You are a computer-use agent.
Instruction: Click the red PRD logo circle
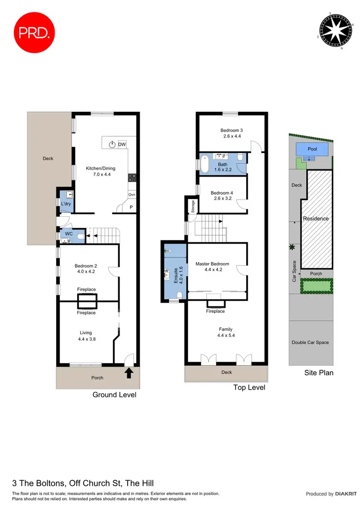pos(35,33)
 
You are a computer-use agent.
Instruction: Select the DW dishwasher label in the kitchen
pos(122,144)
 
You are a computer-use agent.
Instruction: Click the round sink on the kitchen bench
pos(112,144)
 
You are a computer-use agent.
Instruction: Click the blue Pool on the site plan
pos(312,150)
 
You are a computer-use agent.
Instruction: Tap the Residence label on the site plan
pos(316,219)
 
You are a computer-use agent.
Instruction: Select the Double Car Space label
pos(311,343)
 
